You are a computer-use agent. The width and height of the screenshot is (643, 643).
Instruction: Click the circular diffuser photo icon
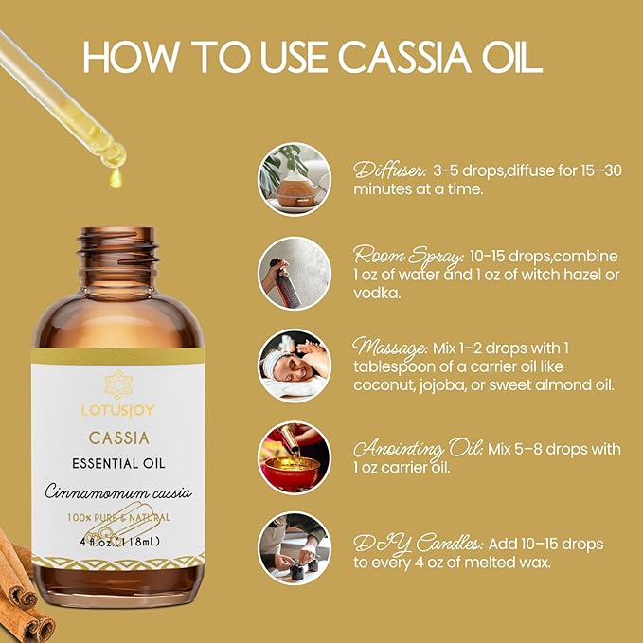(295, 179)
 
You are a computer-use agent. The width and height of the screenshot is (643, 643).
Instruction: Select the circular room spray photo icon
(295, 272)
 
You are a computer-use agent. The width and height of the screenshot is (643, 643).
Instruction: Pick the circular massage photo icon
(295, 365)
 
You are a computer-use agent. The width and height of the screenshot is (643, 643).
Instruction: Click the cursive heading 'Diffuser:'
(389, 171)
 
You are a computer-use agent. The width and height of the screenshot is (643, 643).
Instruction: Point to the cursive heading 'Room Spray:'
(407, 257)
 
